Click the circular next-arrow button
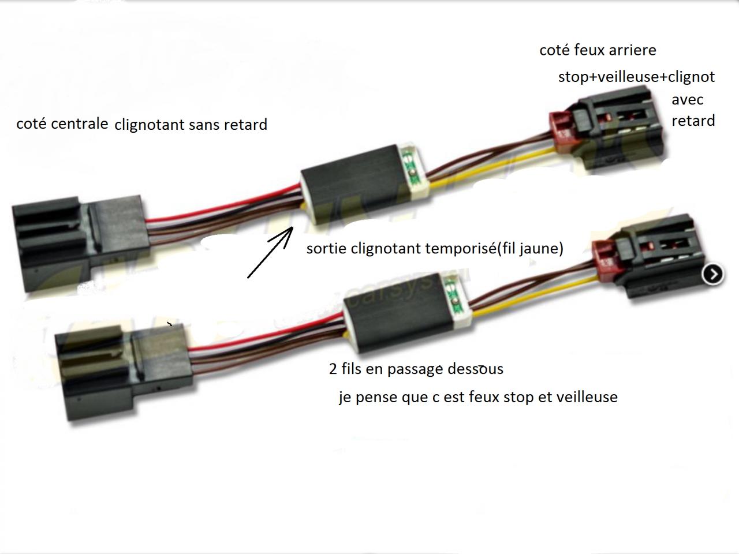[x=712, y=274]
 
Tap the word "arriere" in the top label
[x=632, y=50]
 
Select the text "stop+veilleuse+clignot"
[x=636, y=77]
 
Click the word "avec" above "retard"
[x=687, y=99]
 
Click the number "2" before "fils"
[x=333, y=369]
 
